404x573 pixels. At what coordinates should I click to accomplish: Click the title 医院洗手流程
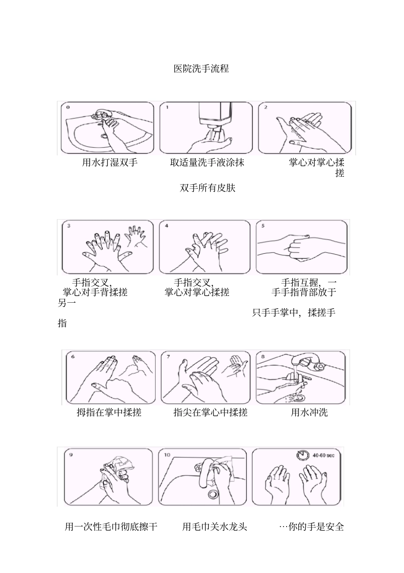(x=201, y=69)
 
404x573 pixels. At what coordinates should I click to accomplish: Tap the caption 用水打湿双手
(x=110, y=162)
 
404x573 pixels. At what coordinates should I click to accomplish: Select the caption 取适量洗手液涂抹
(x=207, y=162)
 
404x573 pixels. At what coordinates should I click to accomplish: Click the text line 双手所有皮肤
(x=208, y=188)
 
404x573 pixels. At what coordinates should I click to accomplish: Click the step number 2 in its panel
(x=266, y=107)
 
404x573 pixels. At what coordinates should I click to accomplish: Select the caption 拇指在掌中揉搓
(x=109, y=412)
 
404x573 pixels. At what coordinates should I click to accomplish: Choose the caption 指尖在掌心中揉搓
(x=211, y=412)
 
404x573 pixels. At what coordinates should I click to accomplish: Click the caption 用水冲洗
(x=309, y=412)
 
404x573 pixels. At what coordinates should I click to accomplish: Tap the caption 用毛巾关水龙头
(x=215, y=527)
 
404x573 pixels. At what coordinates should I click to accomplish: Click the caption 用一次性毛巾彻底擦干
(x=111, y=527)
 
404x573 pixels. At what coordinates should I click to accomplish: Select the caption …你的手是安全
(x=311, y=527)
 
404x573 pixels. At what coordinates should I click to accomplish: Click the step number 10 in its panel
(x=167, y=455)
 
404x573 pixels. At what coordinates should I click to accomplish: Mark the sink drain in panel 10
(x=213, y=495)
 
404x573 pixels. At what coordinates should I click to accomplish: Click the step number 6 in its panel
(x=73, y=356)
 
